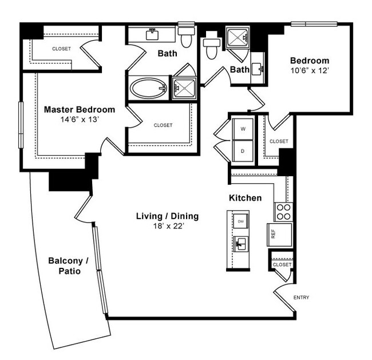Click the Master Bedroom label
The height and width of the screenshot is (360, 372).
click(x=80, y=109)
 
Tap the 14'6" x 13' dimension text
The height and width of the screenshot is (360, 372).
click(x=80, y=121)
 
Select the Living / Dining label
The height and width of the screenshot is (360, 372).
click(x=167, y=216)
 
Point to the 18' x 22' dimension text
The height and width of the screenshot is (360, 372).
click(x=167, y=226)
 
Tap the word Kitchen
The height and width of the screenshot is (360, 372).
click(x=245, y=198)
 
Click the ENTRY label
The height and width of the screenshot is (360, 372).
click(x=301, y=298)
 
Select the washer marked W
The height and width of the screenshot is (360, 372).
click(x=243, y=129)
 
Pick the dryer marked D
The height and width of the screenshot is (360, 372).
click(x=243, y=151)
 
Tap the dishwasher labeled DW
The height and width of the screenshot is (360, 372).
click(x=241, y=221)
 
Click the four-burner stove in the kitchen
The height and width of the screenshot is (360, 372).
click(x=283, y=212)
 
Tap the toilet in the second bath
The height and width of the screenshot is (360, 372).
click(x=211, y=48)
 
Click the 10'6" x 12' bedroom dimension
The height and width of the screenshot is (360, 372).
click(x=310, y=72)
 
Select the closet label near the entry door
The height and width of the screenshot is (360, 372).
click(x=282, y=265)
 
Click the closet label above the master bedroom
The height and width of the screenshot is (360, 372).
click(x=61, y=49)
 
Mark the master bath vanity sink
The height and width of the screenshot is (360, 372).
click(x=152, y=34)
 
